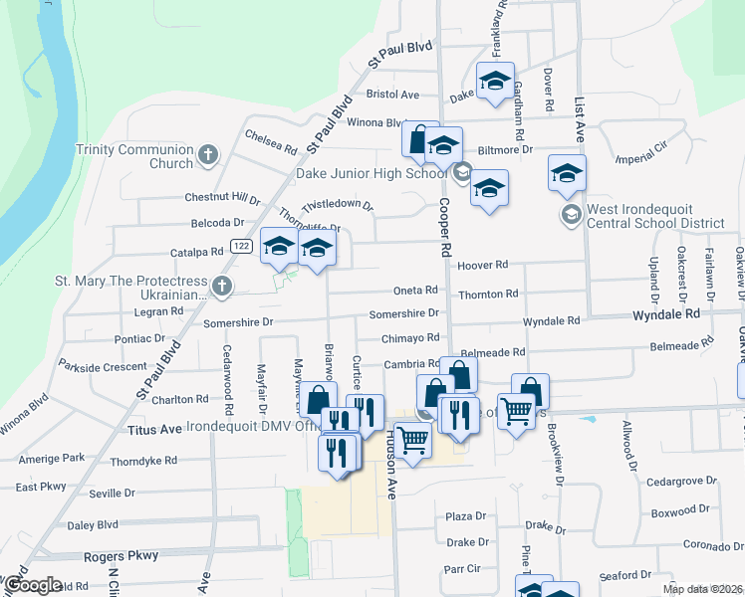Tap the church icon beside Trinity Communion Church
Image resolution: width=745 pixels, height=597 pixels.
(x=207, y=154)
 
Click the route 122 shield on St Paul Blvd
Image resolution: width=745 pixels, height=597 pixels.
(x=240, y=246)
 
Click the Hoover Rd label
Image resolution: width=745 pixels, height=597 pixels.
(x=483, y=266)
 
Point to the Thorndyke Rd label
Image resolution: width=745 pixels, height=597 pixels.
(x=143, y=461)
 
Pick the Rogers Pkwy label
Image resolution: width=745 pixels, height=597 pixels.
(x=122, y=556)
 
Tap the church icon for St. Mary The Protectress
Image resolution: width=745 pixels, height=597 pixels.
(x=222, y=288)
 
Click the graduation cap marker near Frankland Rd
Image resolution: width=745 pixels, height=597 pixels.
(x=494, y=82)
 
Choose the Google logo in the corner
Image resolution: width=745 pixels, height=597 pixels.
(x=32, y=585)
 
